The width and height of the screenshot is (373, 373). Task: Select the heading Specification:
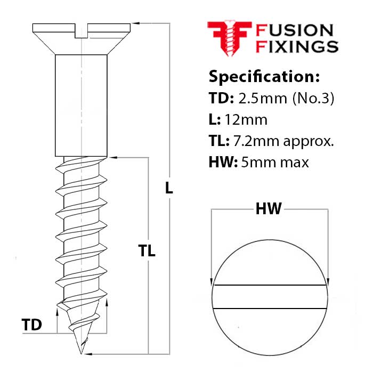(264, 76)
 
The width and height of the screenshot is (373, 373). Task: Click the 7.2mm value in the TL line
(252, 141)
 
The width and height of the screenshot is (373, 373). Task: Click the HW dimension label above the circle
(269, 209)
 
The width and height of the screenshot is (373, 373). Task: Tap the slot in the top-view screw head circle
(270, 297)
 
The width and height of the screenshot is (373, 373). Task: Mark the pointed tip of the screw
(82, 352)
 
